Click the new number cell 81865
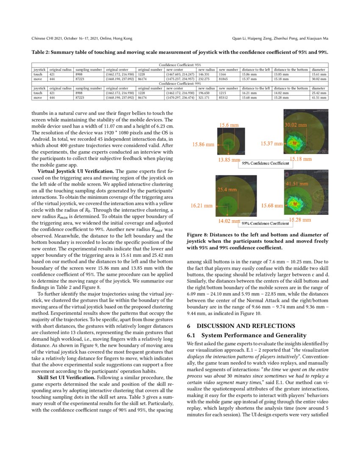point(223,78)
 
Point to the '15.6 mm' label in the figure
point(228,125)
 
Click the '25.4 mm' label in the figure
point(227,189)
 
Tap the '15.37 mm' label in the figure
point(271,144)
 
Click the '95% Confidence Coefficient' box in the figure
point(265,163)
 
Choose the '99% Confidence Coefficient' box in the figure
point(265,223)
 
